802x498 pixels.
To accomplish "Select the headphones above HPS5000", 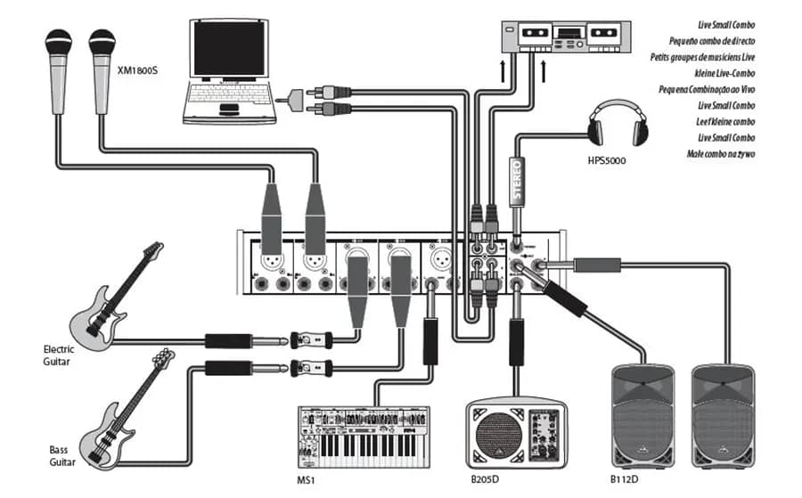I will [615, 125].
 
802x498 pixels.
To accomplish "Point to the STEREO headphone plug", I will [515, 178].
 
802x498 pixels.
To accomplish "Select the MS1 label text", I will [307, 479].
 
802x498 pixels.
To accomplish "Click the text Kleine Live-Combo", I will [719, 72].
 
